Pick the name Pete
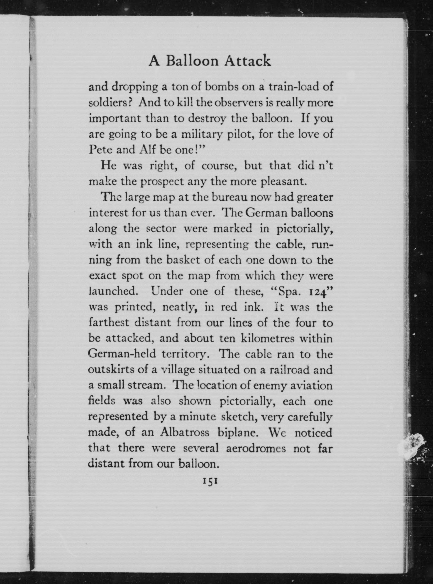pyautogui.click(x=100, y=149)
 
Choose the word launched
pyautogui.click(x=113, y=292)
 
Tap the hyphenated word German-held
pyautogui.click(x=120, y=354)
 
